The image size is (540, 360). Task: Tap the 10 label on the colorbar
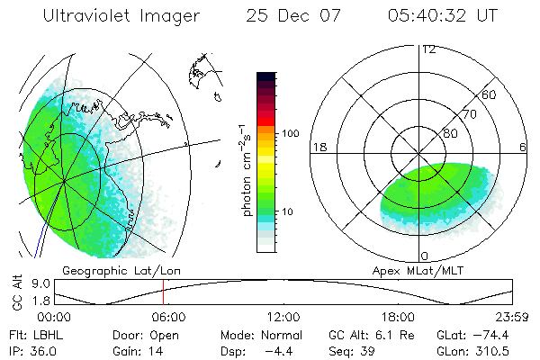click(x=290, y=211)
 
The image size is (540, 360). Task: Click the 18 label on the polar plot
click(x=318, y=147)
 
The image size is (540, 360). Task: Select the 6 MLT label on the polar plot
click(x=524, y=147)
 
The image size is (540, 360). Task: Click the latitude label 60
click(x=490, y=94)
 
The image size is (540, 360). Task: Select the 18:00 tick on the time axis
click(x=398, y=317)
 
